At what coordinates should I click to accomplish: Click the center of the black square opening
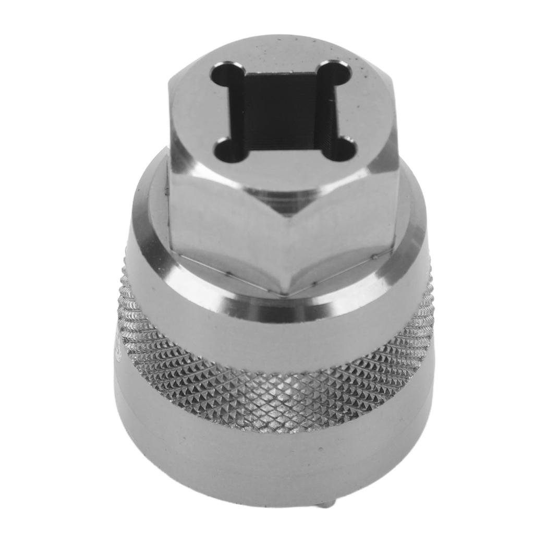[x=282, y=111]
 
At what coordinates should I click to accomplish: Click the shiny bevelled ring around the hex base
[x=156, y=250]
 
